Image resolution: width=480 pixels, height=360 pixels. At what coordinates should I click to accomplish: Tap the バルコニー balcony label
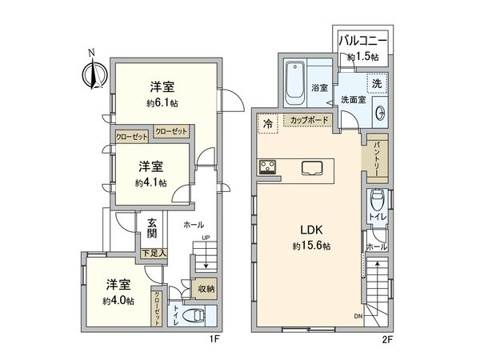click(362, 39)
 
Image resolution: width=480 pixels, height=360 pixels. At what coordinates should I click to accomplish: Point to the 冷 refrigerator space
click(267, 123)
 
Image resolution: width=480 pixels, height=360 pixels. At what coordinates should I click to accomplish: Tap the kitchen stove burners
click(266, 167)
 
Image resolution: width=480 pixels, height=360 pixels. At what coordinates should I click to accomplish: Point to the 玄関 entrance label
click(152, 229)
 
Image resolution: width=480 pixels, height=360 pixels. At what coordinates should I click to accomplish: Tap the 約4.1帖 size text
click(150, 183)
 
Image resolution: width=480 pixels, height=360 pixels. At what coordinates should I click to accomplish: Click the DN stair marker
click(358, 317)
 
